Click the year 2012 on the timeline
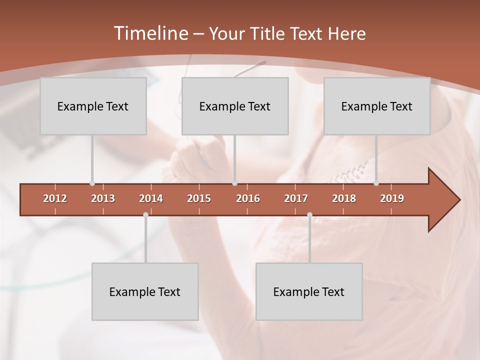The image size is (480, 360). tap(55, 198)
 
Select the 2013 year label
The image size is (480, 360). tap(103, 198)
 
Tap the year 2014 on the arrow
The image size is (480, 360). tap(151, 198)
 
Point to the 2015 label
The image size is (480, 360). tap(199, 198)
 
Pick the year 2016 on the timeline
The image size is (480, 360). tap(248, 198)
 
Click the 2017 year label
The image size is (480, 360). tap(296, 198)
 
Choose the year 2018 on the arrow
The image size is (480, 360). tap(344, 198)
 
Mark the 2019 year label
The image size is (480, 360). tap(392, 198)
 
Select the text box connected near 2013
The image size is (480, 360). tap(93, 106)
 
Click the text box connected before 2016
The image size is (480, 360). tap(235, 106)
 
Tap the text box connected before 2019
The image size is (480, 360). tap(377, 106)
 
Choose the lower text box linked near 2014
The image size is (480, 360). tap(145, 291)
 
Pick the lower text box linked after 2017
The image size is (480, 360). tap(309, 291)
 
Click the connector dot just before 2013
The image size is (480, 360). tap(92, 183)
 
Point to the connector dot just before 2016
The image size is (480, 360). tap(234, 183)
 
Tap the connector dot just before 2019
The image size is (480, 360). tap(376, 183)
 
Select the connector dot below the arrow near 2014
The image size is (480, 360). tap(145, 215)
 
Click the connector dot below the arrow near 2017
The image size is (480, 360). tap(309, 215)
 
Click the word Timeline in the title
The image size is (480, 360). tap(149, 33)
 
